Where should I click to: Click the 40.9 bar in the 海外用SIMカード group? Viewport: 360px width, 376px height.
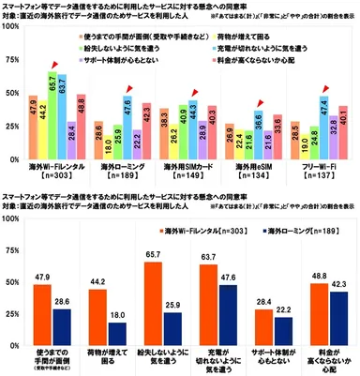click(x=163, y=113)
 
